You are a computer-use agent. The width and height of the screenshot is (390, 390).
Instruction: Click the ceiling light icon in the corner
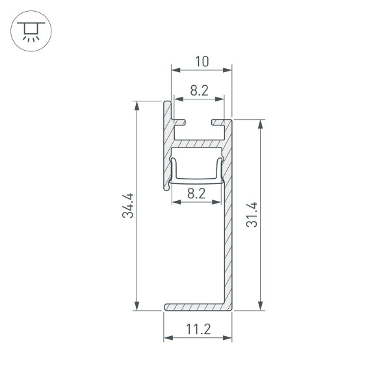point(28,31)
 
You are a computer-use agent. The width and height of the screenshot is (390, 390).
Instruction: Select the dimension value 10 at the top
point(201,62)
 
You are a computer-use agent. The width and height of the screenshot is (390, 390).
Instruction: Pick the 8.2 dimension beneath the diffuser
point(196,193)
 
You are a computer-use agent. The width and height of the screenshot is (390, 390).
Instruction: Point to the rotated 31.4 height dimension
point(252,215)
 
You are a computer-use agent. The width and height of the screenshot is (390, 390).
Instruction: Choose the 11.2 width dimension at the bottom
point(197,330)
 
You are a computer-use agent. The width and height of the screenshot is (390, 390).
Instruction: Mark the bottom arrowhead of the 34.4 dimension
point(137,306)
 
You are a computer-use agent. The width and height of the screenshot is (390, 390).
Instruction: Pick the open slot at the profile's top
point(198,122)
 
